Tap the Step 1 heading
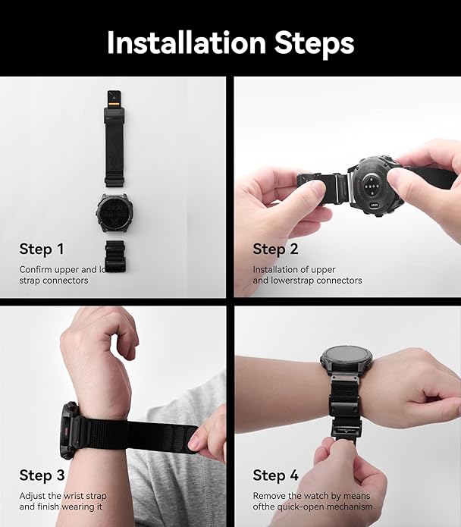click(42, 249)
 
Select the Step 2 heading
click(274, 249)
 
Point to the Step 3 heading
click(42, 475)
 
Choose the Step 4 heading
click(275, 475)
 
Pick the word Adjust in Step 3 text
click(33, 495)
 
